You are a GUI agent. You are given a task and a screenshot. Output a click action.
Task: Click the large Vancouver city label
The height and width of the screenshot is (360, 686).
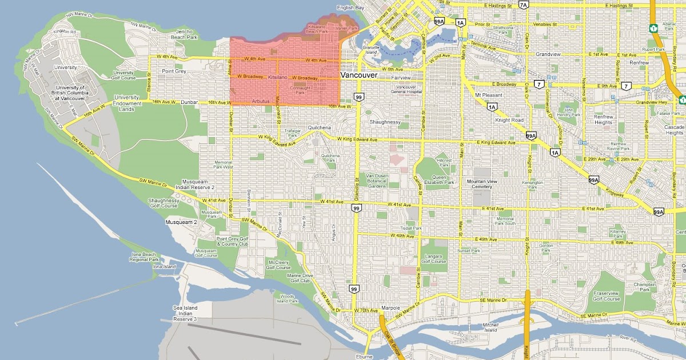[x=358, y=75]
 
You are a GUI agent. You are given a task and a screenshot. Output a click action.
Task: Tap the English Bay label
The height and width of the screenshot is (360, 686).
[x=350, y=8]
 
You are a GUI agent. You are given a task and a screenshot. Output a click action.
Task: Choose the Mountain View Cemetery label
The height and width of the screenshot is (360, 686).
[x=479, y=184]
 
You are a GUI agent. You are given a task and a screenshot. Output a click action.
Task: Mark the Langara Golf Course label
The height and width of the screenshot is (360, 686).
[x=434, y=259]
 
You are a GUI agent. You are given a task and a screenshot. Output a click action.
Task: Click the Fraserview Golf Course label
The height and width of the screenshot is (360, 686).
[x=607, y=296]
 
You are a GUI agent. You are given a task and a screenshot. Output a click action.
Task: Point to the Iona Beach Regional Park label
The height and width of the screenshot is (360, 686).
[x=143, y=257]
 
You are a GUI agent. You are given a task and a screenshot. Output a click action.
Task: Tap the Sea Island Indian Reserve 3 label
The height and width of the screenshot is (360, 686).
[x=185, y=313]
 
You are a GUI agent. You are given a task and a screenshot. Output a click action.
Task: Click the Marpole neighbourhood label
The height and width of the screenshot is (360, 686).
[x=390, y=308]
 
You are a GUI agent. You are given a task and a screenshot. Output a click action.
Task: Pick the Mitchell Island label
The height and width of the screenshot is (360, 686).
[x=490, y=327]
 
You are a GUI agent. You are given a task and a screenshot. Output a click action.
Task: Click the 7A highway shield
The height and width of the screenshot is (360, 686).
[x=524, y=5]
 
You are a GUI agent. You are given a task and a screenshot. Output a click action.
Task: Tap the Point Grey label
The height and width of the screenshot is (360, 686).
[x=174, y=71]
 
